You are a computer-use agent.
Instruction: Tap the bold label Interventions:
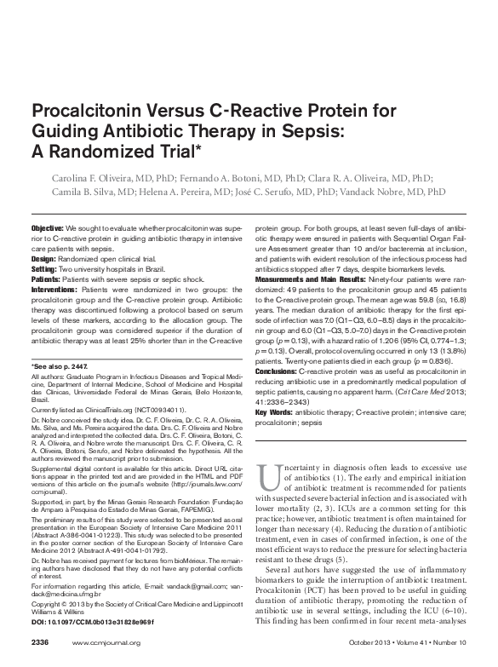pos(54,290)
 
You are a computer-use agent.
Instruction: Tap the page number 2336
pos(41,641)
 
